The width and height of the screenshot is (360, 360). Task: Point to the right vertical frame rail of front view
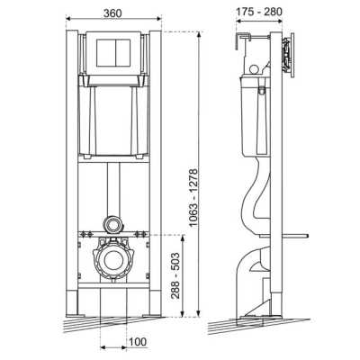[x=155, y=180]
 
